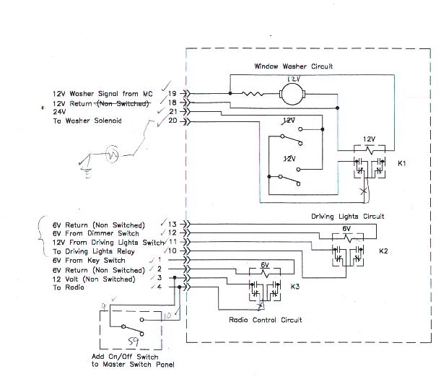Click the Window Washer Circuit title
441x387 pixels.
point(293,66)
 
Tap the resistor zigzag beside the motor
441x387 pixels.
point(255,93)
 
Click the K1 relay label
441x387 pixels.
point(403,163)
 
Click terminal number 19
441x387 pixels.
point(173,93)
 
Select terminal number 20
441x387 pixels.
point(173,121)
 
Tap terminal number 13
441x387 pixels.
point(173,225)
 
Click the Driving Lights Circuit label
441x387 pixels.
point(347,216)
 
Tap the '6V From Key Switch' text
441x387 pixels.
point(89,261)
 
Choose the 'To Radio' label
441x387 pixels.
point(68,287)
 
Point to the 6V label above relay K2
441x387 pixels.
point(346,228)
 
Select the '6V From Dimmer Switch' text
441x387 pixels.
point(95,234)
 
